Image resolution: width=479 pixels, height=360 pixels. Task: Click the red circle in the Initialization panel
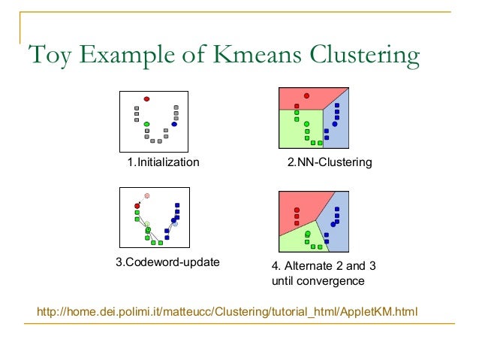[x=147, y=98]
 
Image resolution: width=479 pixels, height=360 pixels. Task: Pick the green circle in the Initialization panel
[x=147, y=124]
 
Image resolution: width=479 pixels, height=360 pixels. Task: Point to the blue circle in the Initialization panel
[x=174, y=124]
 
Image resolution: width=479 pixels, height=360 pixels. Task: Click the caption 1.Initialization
[x=163, y=162]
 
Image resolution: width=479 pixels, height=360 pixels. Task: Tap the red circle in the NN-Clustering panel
[x=306, y=95]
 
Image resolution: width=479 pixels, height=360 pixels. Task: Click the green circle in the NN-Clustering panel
[x=306, y=123]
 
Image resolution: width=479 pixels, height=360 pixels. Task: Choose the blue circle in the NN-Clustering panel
[x=334, y=123]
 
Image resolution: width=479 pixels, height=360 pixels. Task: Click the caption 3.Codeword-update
[x=167, y=262]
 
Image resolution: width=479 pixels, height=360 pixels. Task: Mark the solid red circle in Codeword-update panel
[x=137, y=205]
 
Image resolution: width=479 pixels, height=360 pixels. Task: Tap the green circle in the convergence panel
[x=308, y=234]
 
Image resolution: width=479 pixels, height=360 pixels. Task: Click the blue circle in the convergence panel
[x=333, y=224]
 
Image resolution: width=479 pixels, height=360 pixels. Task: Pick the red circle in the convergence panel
[x=297, y=210]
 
